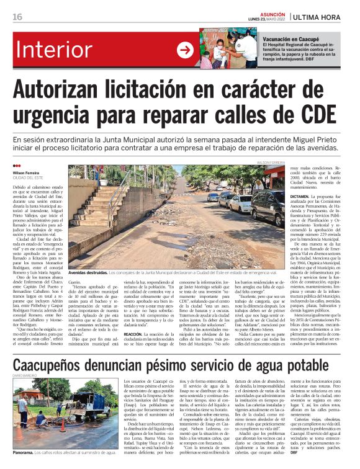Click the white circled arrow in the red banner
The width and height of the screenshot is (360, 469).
tap(186, 50)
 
